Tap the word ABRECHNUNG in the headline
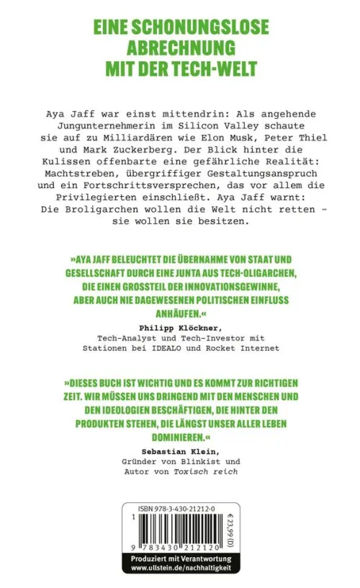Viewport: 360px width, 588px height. coord(180,48)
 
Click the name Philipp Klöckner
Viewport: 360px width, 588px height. coord(180,326)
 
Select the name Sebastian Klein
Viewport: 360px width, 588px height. coord(180,452)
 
